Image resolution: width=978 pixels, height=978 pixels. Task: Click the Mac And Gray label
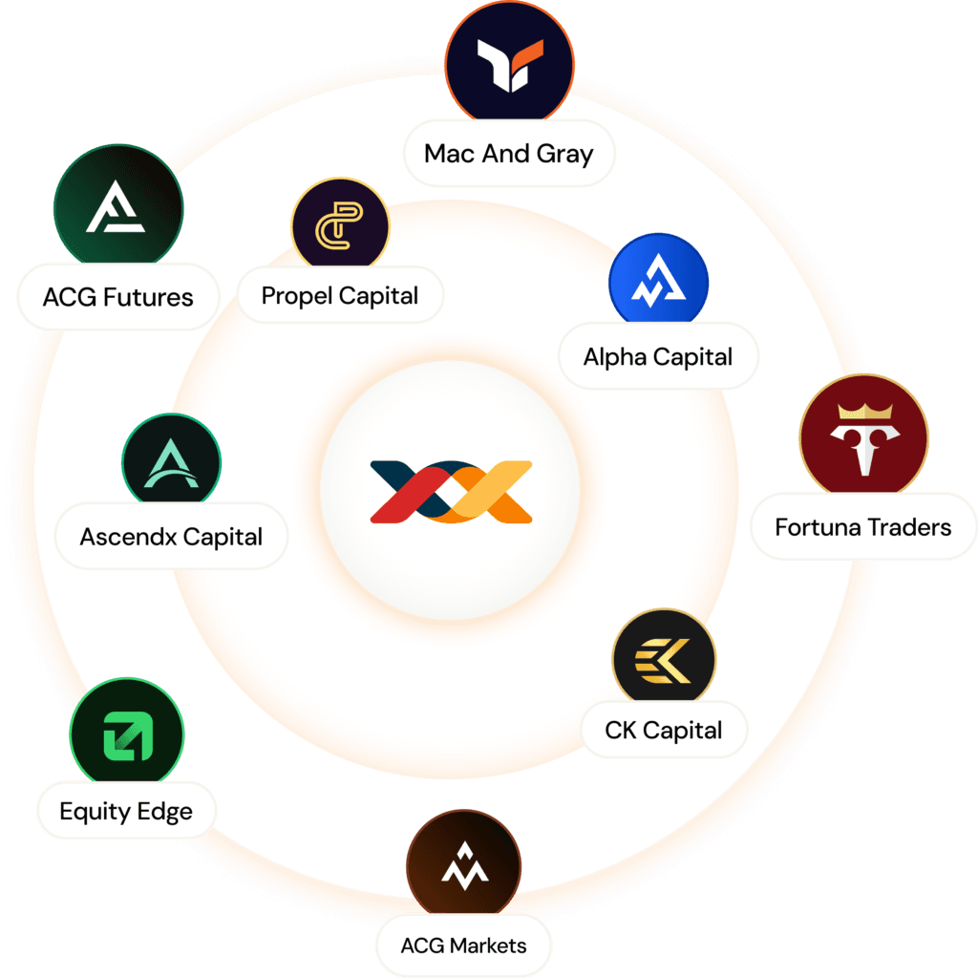click(508, 154)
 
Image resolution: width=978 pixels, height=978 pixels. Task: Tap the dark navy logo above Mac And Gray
click(511, 63)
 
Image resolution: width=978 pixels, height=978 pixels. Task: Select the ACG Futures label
click(117, 297)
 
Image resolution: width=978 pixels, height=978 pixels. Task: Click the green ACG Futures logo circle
click(117, 207)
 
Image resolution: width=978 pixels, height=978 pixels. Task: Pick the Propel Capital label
click(340, 295)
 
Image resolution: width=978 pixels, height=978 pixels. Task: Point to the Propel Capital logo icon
click(340, 225)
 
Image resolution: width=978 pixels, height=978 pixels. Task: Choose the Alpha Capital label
click(658, 357)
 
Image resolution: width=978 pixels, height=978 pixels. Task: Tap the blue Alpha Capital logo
click(658, 284)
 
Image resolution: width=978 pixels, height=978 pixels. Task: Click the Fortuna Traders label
click(863, 526)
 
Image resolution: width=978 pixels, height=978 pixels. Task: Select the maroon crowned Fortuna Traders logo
click(863, 438)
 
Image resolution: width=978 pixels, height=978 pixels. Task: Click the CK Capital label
click(664, 731)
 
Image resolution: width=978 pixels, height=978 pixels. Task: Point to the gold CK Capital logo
click(664, 660)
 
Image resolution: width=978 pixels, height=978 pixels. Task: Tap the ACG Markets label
click(463, 946)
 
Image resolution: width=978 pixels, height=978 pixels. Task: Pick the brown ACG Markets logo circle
click(463, 867)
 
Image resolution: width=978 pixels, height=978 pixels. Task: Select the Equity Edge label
click(126, 812)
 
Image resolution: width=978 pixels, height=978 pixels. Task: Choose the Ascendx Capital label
click(171, 537)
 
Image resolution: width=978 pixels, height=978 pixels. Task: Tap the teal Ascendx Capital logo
click(171, 463)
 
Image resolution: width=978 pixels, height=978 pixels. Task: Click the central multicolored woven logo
click(450, 491)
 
